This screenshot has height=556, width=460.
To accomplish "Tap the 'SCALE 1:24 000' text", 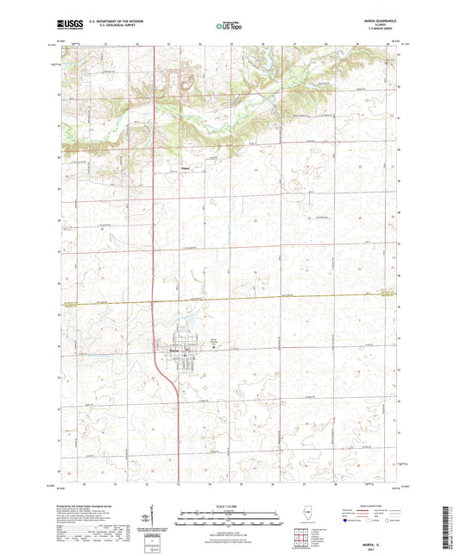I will coord(230,505).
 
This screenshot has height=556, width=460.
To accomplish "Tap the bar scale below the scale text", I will coord(230,518).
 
